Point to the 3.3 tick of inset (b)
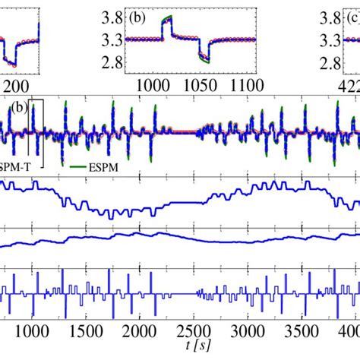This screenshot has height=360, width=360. pos(112,40)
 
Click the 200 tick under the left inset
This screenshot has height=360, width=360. pos(15,84)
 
